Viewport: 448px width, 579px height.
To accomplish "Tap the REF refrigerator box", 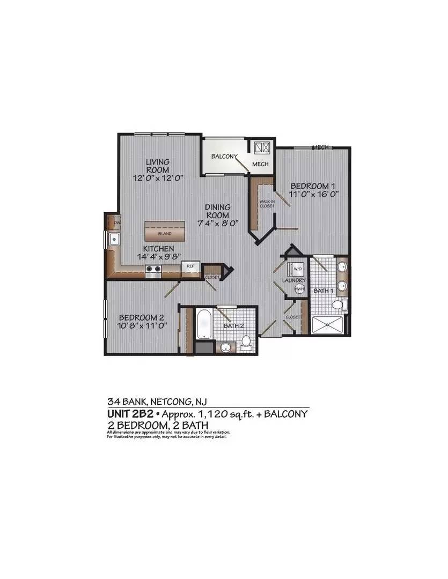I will [x=190, y=266].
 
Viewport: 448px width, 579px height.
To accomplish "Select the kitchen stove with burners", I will [x=153, y=270].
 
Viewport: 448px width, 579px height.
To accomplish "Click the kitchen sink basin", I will [x=114, y=239].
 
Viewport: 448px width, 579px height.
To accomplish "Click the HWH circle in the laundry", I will [x=299, y=289].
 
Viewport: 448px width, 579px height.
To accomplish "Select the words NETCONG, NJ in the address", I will [x=178, y=400].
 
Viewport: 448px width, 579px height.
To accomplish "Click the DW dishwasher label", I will [x=116, y=221].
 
